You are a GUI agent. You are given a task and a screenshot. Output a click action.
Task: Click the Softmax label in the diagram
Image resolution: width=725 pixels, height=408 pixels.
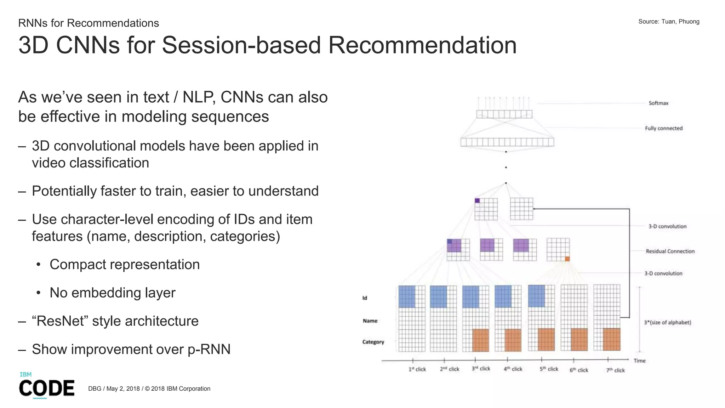(x=658, y=103)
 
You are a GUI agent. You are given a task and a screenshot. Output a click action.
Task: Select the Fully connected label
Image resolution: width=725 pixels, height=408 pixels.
(x=663, y=128)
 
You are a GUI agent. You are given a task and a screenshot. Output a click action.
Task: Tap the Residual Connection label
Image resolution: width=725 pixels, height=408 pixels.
(x=670, y=251)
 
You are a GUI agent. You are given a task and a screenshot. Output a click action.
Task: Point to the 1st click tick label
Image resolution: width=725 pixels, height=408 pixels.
(x=417, y=369)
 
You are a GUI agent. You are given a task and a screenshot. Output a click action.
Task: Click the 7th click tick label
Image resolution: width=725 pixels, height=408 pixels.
(x=615, y=370)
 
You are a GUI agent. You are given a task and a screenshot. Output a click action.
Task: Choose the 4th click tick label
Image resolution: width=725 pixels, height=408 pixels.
(x=513, y=369)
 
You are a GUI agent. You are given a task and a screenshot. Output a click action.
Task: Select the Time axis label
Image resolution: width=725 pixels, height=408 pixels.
(x=639, y=361)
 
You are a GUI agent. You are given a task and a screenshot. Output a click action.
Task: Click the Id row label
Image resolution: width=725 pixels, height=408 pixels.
(x=365, y=298)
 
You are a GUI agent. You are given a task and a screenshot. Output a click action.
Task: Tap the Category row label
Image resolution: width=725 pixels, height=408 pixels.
(x=373, y=342)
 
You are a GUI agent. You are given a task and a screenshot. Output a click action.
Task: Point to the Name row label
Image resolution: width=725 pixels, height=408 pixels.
(x=370, y=321)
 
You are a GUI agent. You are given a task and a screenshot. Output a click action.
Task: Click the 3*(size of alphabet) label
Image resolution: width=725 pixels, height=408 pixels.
(x=667, y=322)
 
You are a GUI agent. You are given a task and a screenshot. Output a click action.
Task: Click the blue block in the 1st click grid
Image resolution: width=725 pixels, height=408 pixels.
(x=407, y=296)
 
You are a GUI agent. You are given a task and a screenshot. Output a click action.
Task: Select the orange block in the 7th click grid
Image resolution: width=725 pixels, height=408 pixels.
(x=611, y=339)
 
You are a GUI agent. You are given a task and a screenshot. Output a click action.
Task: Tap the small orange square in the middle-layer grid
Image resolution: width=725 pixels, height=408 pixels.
(x=567, y=259)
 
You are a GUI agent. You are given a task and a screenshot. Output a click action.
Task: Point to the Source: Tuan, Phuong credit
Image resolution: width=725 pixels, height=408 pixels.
(x=668, y=22)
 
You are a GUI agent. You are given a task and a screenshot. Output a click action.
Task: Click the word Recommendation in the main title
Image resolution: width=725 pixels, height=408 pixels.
(x=422, y=45)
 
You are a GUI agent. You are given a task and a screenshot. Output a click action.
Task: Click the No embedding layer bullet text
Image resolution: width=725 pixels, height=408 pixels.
(x=112, y=293)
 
